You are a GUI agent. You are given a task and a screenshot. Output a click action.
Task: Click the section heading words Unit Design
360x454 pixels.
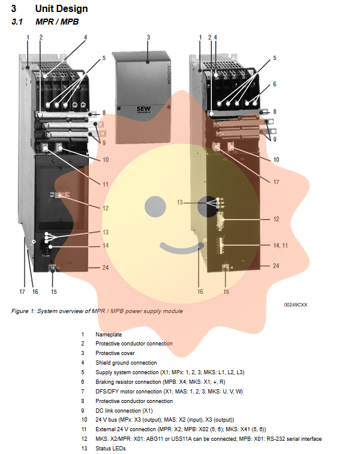tap(61, 8)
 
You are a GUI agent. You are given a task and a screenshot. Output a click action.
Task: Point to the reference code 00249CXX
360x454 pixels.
tap(295, 305)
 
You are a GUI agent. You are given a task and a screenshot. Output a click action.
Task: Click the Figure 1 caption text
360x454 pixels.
tap(97, 311)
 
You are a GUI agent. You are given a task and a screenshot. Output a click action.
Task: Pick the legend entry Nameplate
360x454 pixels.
tap(108, 334)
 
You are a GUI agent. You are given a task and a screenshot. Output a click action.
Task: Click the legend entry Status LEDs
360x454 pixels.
tap(110, 449)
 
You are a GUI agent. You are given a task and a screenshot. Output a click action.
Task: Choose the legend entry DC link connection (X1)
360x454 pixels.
tap(124, 410)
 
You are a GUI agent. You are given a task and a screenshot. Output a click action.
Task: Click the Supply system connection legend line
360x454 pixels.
tap(170, 372)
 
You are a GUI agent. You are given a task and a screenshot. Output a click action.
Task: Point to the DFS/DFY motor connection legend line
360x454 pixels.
tap(170, 391)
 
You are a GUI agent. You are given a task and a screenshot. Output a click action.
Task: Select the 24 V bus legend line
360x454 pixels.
tap(164, 420)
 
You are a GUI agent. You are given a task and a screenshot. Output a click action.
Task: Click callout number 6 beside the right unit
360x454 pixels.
tap(275, 85)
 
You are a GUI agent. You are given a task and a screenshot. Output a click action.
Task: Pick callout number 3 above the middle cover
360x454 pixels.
tap(148, 37)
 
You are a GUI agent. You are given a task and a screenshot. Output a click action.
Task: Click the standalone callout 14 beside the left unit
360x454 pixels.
tap(105, 245)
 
